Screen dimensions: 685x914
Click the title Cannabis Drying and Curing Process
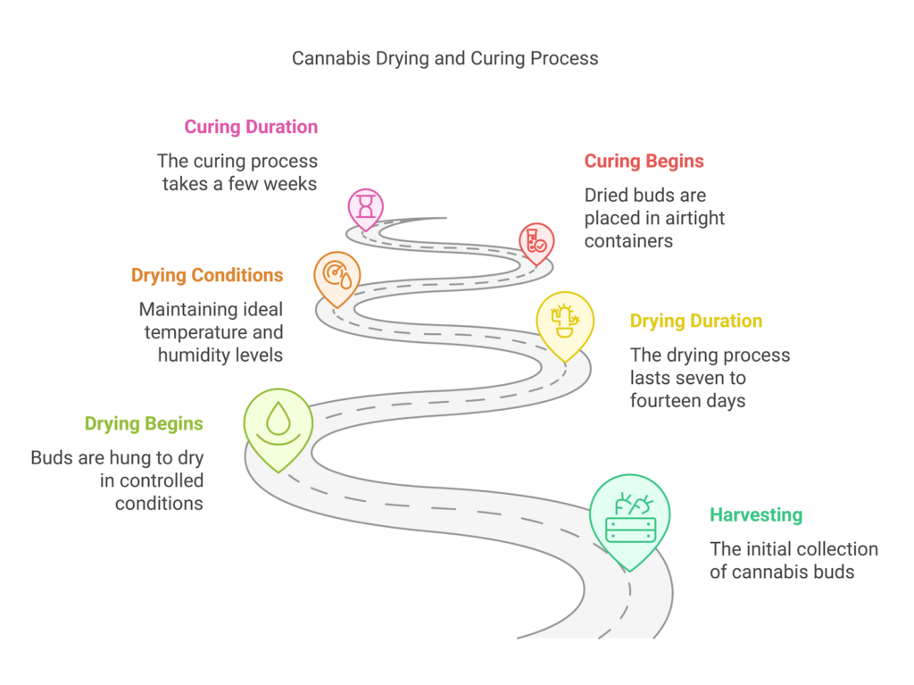[x=445, y=59]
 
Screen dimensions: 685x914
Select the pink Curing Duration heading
[x=251, y=127]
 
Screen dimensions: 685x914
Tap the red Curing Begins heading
[x=644, y=162]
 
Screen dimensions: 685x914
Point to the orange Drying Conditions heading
[x=207, y=275]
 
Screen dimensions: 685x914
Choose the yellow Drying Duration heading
[x=696, y=321]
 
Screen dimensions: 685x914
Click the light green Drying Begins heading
[x=144, y=423]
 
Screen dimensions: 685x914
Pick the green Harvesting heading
[x=756, y=515]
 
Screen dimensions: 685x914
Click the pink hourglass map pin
[x=365, y=208]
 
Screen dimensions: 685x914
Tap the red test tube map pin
[x=536, y=241]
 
